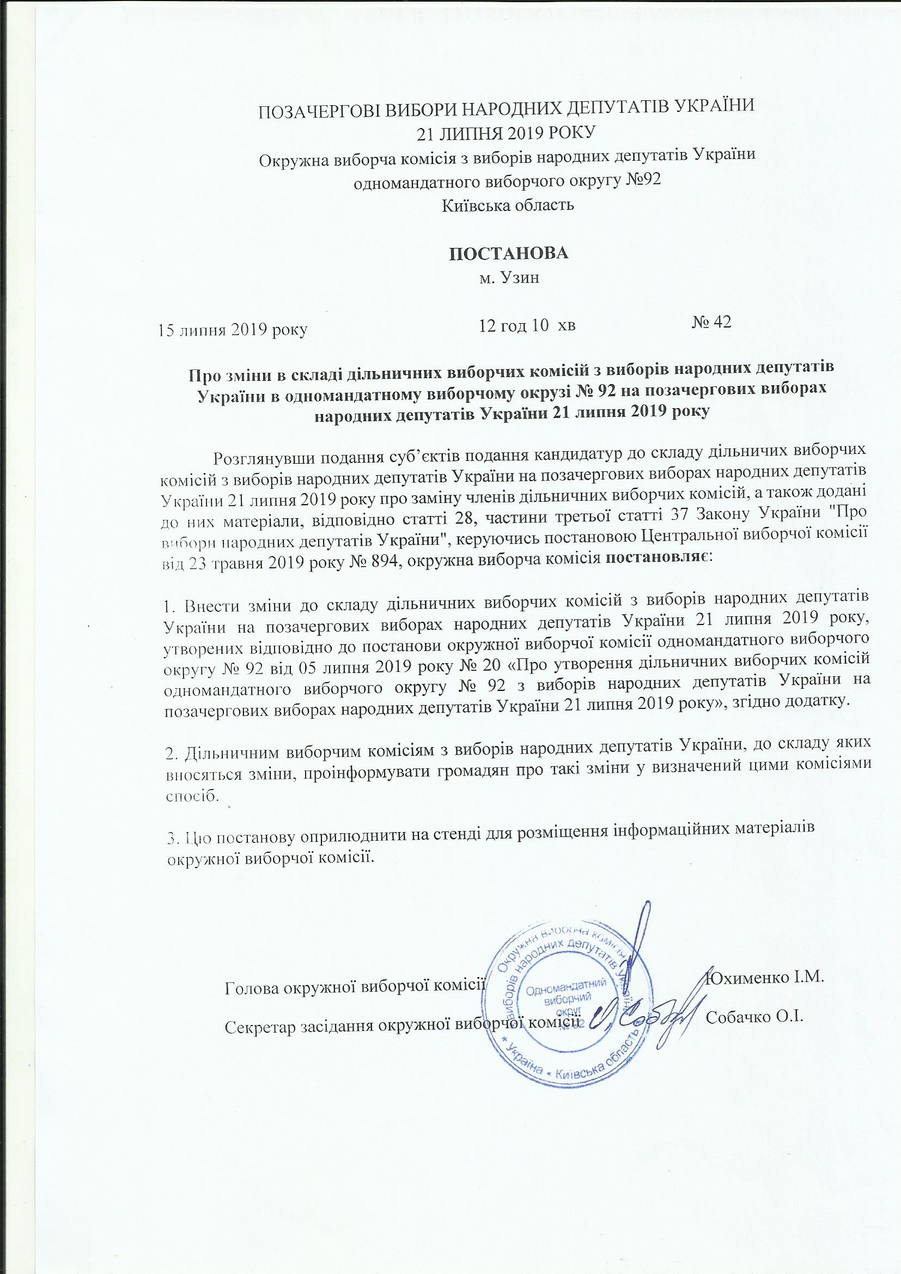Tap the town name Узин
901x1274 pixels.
tap(522, 277)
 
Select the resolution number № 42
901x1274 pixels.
tap(712, 322)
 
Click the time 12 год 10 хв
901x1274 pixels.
tap(527, 325)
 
